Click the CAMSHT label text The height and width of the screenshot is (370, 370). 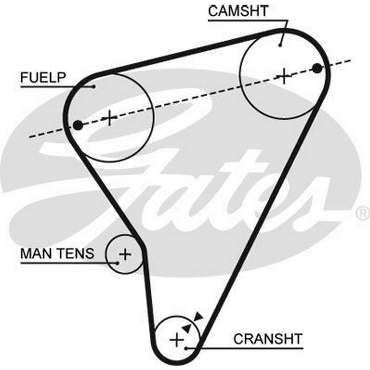(x=238, y=11)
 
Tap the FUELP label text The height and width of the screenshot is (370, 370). (x=43, y=78)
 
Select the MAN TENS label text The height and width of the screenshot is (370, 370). (x=57, y=254)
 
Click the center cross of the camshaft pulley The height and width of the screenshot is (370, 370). (x=284, y=76)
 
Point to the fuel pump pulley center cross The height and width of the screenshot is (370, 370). (x=110, y=118)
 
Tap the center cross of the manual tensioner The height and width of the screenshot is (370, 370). (x=125, y=254)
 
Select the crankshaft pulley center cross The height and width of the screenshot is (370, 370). (x=177, y=339)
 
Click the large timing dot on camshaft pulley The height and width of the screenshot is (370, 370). (x=317, y=68)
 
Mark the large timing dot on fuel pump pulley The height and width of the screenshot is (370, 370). (x=78, y=125)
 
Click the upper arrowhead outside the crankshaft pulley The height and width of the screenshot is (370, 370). (x=199, y=316)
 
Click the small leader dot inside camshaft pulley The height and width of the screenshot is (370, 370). (x=280, y=45)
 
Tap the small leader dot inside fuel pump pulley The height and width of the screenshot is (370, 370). (x=94, y=87)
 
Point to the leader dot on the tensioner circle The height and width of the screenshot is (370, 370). (x=118, y=263)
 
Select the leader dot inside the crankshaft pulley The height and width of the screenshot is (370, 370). (x=187, y=348)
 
